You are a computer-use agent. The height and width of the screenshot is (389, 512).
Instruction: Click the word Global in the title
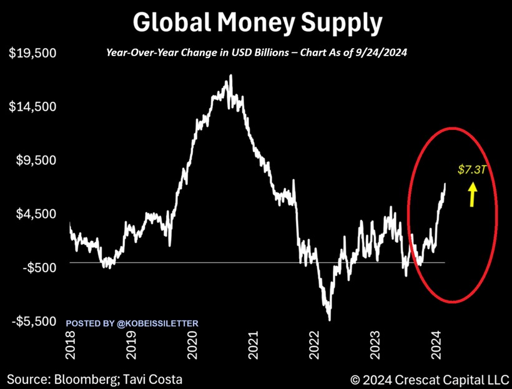click(170, 23)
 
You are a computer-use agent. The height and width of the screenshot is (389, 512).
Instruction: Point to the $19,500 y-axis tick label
click(32, 53)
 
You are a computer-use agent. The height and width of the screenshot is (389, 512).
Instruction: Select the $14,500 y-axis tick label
click(32, 107)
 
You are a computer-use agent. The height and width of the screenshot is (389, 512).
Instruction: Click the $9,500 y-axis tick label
click(36, 160)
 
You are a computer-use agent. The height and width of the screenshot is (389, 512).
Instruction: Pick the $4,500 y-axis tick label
click(36, 214)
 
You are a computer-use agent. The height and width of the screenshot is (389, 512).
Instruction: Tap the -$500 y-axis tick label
click(37, 267)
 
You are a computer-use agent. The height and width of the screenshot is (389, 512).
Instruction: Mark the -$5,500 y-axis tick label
click(34, 321)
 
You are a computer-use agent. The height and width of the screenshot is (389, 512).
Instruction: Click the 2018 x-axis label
click(71, 345)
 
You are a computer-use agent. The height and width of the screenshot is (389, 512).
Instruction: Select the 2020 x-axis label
click(192, 345)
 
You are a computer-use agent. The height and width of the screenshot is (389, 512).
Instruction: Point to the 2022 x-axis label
click(315, 345)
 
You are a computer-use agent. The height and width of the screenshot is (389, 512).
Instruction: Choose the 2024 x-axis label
click(437, 345)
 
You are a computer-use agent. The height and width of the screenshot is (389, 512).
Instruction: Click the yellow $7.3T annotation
click(469, 169)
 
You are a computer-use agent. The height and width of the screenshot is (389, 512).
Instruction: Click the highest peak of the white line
click(231, 76)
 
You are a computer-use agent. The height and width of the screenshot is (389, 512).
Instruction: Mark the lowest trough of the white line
click(328, 319)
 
